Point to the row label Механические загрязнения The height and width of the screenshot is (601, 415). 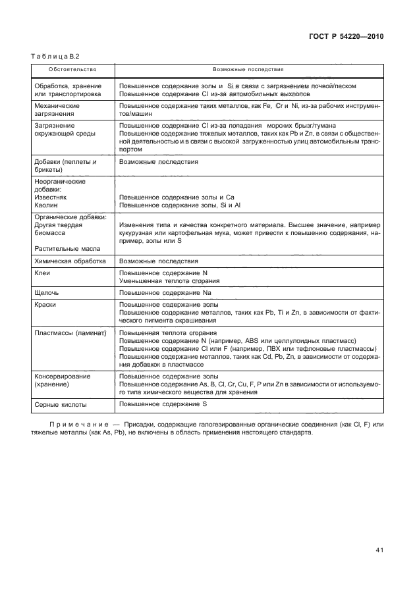tap(57, 109)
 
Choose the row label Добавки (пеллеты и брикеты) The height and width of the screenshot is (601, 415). tap(65, 165)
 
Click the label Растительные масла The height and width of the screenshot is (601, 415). tap(67, 249)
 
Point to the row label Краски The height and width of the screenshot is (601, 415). tap(45, 304)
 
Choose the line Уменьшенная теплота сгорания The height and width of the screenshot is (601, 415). tap(169, 280)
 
